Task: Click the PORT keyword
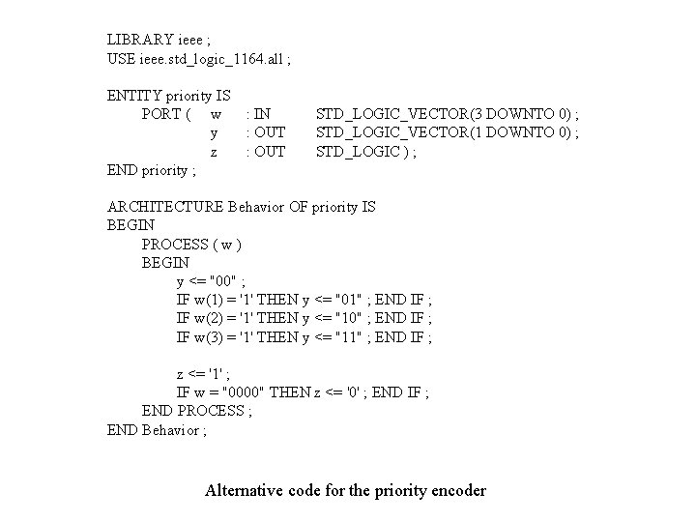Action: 162,114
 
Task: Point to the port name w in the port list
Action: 215,114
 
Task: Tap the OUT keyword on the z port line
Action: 268,151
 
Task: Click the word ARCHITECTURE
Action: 164,207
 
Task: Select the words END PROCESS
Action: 193,411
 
